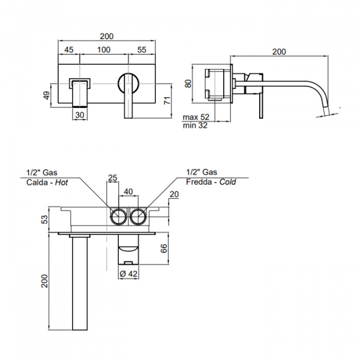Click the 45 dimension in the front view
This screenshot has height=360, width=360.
pyautogui.click(x=69, y=50)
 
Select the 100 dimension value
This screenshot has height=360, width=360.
pyautogui.click(x=104, y=50)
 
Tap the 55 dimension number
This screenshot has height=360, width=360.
pyautogui.click(x=142, y=50)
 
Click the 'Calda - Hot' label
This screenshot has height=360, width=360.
pyautogui.click(x=46, y=181)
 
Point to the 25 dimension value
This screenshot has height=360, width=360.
pyautogui.click(x=112, y=178)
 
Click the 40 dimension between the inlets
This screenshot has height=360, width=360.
pyautogui.click(x=128, y=191)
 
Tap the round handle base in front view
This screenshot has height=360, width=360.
pyautogui.click(x=128, y=82)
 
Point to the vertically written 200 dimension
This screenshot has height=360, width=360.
pyautogui.click(x=44, y=280)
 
